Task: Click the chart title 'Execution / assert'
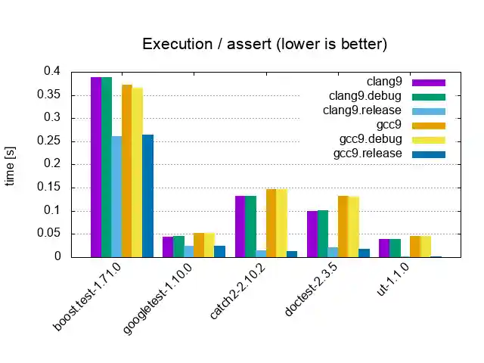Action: (265, 45)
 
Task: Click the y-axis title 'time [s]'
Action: (11, 165)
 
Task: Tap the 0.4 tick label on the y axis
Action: (51, 71)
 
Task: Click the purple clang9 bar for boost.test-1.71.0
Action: (96, 167)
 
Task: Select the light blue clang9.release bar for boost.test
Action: (116, 197)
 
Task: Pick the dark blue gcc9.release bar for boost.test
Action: (147, 196)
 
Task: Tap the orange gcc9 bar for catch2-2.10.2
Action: (271, 223)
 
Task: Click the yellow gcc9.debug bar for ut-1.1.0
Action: (426, 247)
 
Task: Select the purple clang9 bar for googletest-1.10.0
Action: (168, 247)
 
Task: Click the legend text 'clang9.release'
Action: (362, 110)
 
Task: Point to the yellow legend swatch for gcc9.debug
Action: (429, 140)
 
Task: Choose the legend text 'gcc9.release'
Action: (368, 154)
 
